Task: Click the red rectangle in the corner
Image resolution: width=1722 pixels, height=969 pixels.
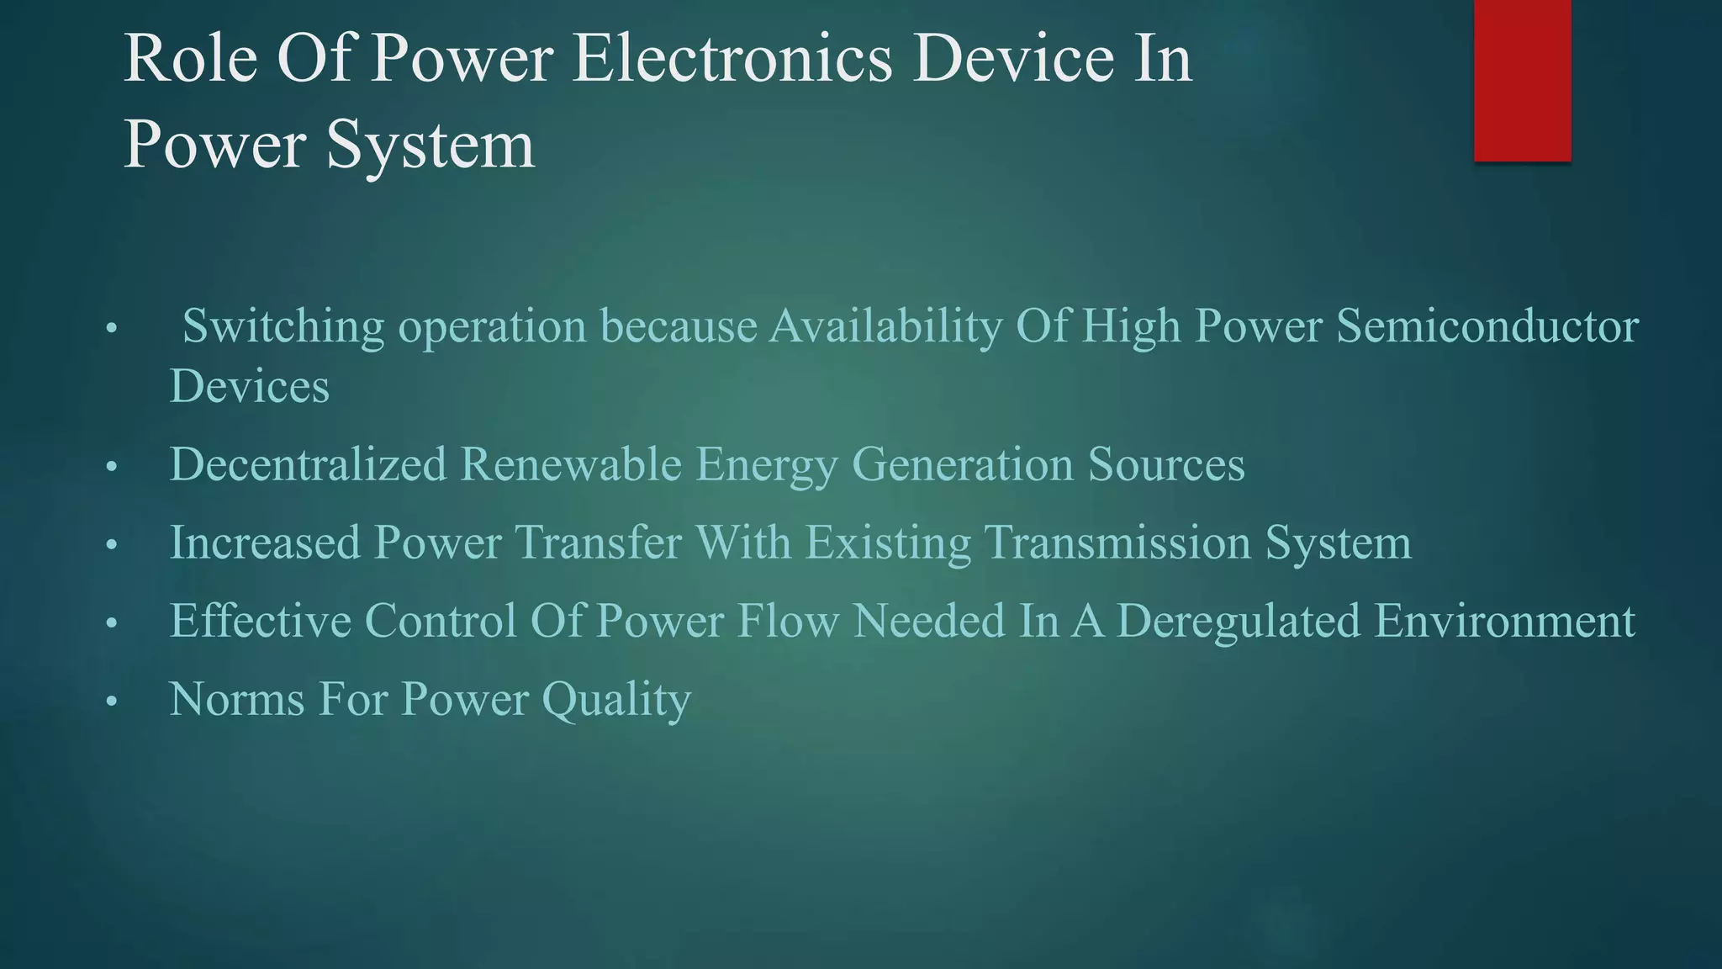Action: pos(1522,80)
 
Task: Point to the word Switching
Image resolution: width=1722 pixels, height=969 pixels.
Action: pos(283,326)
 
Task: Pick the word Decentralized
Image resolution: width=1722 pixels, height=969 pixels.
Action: pos(308,464)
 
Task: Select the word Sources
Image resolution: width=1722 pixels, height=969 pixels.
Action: pos(1166,464)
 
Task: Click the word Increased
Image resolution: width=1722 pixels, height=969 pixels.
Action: pos(265,543)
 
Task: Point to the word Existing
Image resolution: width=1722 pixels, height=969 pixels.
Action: pos(888,543)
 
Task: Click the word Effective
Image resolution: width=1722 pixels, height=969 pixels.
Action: pos(260,621)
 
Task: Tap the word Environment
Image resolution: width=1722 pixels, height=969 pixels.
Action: pos(1505,621)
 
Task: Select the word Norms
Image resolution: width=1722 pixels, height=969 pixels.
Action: pos(236,699)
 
